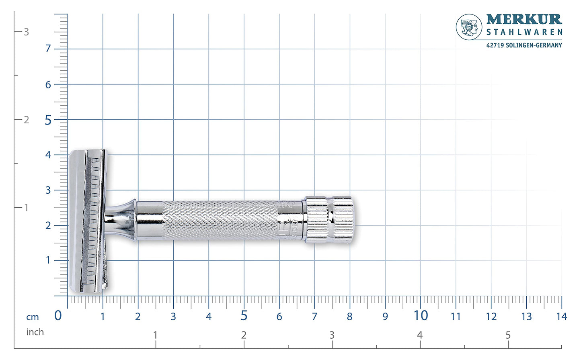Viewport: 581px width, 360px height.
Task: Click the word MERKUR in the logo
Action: [x=524, y=19]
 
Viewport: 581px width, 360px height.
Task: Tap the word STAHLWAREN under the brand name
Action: [x=524, y=32]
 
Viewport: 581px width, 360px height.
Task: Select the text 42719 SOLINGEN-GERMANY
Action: [x=524, y=45]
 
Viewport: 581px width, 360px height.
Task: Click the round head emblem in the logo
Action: [x=469, y=27]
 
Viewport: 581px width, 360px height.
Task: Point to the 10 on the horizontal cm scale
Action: [x=421, y=315]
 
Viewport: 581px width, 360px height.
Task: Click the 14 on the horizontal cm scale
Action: [x=561, y=317]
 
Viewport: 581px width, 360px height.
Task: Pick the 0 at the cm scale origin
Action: [x=58, y=315]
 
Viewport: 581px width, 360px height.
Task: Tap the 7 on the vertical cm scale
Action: [x=48, y=49]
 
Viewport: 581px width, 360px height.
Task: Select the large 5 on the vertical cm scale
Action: [x=48, y=120]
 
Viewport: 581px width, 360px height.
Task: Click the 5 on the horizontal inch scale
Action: [x=508, y=335]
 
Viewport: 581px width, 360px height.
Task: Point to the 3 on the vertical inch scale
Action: [x=26, y=32]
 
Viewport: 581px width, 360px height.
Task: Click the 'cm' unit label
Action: [x=33, y=317]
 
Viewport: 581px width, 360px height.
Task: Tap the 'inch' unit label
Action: [x=35, y=332]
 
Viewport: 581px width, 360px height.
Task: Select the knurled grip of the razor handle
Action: [x=219, y=220]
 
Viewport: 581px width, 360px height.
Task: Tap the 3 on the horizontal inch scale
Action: [x=332, y=335]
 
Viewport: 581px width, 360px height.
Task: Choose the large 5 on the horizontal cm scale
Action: [x=244, y=315]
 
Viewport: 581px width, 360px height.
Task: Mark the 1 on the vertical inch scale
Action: [x=26, y=208]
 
